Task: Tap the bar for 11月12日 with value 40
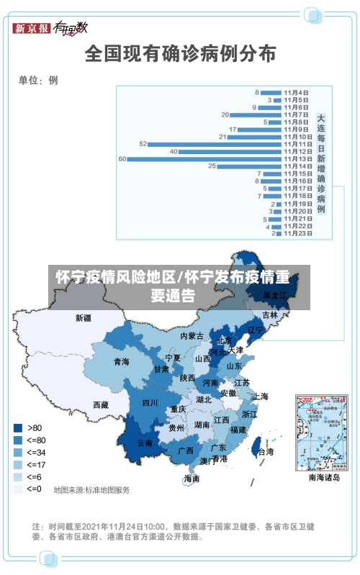230,151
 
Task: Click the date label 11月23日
297,232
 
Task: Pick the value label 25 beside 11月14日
212,166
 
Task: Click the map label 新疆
84,317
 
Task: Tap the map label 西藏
101,404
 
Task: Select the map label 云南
145,443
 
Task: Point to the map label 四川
150,403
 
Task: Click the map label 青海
121,362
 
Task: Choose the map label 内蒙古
192,336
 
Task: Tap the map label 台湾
266,452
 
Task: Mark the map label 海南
192,479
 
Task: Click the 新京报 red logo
31,28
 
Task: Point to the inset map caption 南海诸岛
324,477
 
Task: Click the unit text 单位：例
38,81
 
